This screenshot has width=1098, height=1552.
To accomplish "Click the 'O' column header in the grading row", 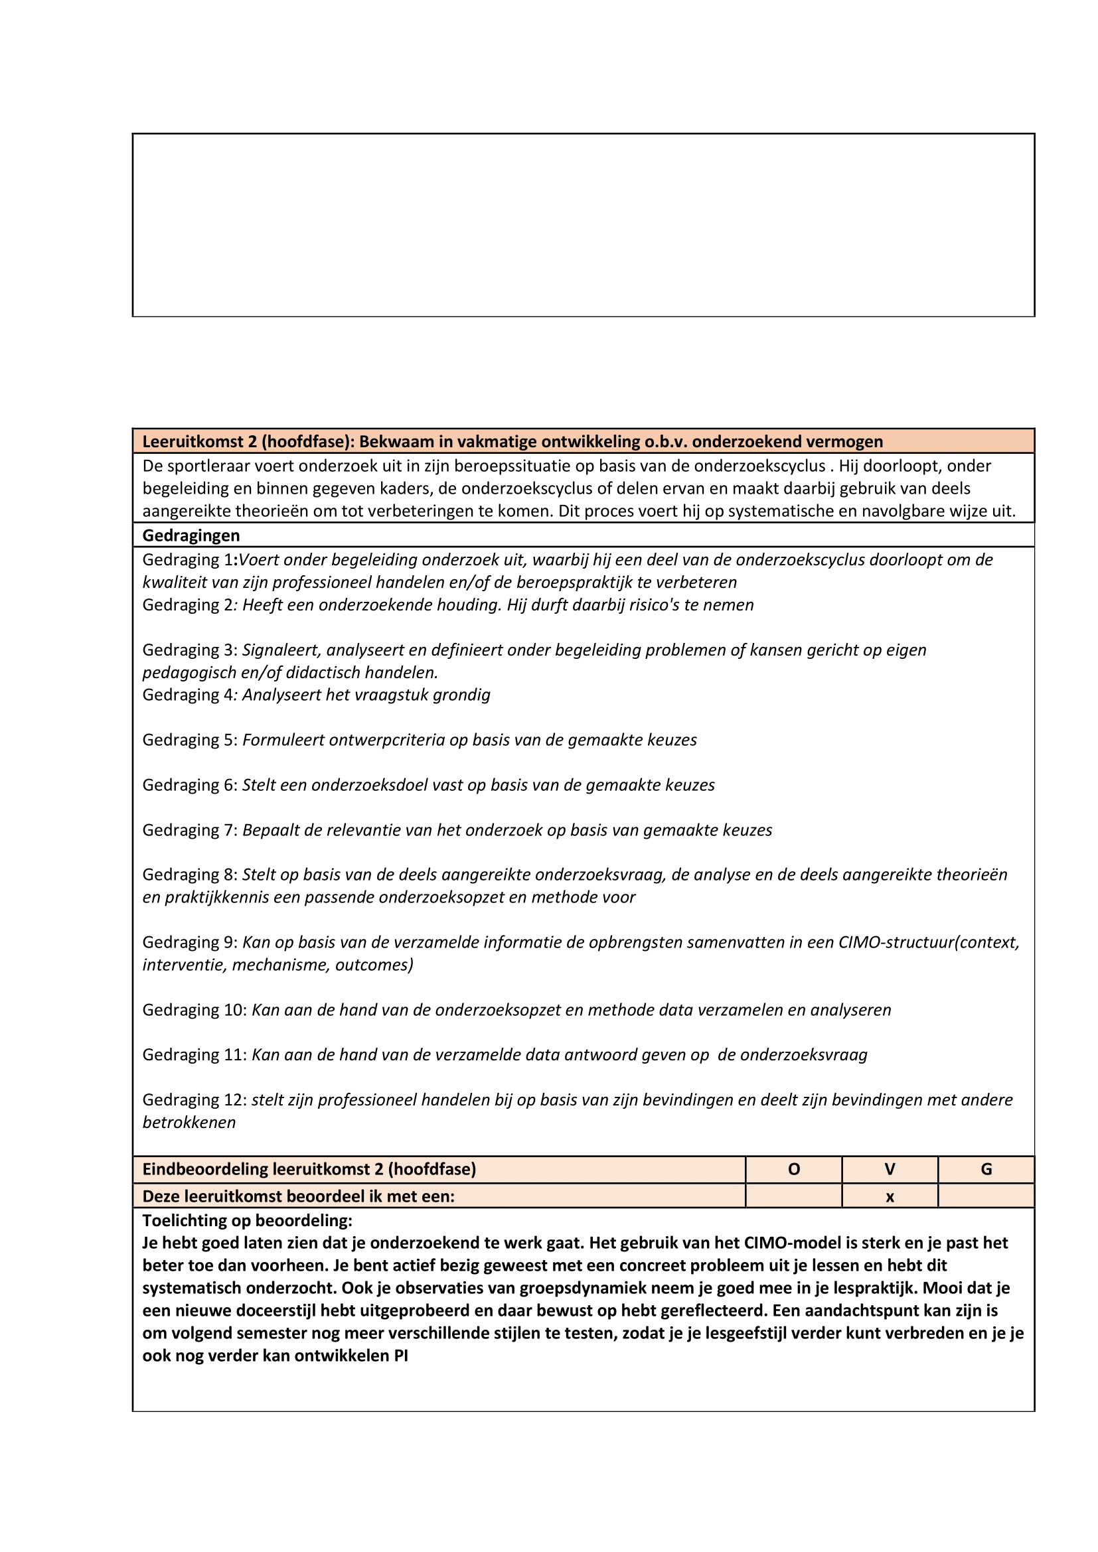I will point(794,1169).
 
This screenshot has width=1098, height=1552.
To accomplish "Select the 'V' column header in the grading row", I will point(890,1169).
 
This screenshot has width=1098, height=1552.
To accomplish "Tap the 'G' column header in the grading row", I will point(986,1169).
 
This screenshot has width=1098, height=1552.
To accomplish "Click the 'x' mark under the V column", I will point(890,1197).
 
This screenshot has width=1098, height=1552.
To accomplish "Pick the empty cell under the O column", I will point(794,1196).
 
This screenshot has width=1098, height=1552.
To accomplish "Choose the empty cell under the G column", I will point(986,1196).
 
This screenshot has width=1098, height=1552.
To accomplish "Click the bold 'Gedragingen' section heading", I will point(191,535).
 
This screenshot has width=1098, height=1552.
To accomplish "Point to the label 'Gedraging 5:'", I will point(190,741).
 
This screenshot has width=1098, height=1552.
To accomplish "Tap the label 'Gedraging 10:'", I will point(195,1010).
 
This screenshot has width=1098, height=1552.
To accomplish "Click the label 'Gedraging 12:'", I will point(195,1099).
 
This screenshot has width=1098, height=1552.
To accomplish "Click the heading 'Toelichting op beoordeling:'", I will point(247,1221).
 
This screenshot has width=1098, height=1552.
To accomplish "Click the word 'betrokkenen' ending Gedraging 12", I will point(189,1123).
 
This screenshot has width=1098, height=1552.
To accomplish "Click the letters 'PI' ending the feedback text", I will point(401,1356).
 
